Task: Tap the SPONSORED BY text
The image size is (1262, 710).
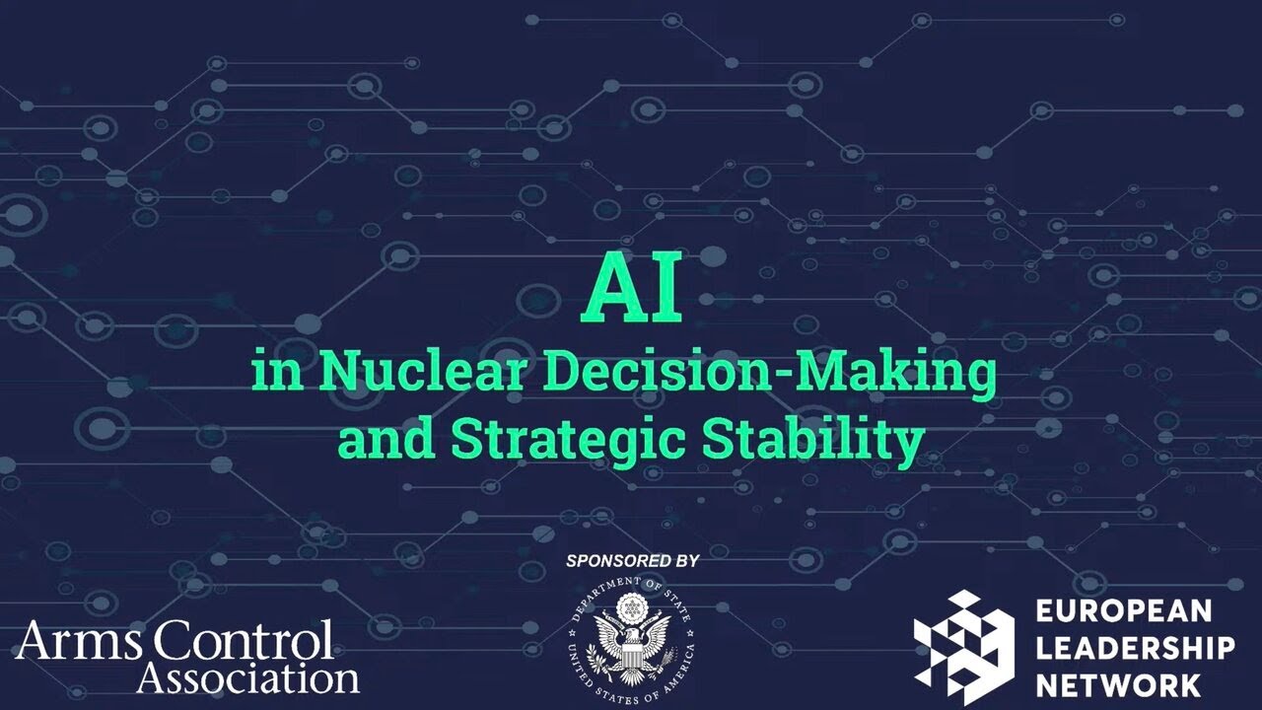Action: (632, 560)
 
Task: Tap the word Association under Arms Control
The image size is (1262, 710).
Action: (247, 677)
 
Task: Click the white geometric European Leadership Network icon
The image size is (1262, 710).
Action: (962, 639)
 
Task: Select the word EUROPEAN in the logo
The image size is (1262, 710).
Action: (1123, 611)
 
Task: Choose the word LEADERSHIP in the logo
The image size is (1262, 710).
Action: (1135, 648)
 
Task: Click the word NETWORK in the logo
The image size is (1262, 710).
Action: (1118, 684)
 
